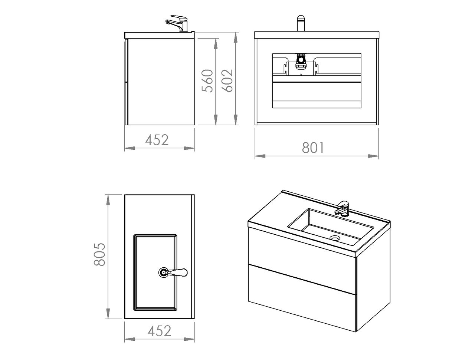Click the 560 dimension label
click(x=207, y=81)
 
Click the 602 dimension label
click(x=227, y=81)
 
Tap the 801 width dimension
click(x=313, y=148)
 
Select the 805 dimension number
click(x=99, y=254)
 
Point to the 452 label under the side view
click(x=157, y=140)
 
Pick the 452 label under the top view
click(x=160, y=331)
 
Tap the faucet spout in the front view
click(x=301, y=23)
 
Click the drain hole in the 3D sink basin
click(x=335, y=238)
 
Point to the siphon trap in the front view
click(x=301, y=62)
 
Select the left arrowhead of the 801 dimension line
click(x=260, y=156)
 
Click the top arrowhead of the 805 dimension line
click(x=108, y=200)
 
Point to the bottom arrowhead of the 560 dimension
click(x=216, y=120)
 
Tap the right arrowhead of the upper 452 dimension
click(x=189, y=148)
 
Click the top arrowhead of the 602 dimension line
click(x=236, y=37)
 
